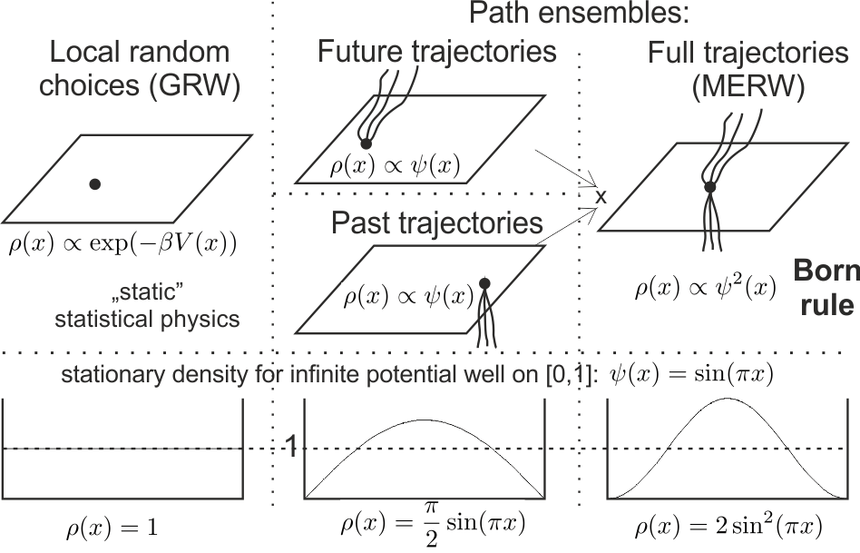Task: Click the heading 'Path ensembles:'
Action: pyautogui.click(x=580, y=13)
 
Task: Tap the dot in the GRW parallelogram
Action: pyautogui.click(x=94, y=184)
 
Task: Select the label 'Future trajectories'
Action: pyautogui.click(x=436, y=51)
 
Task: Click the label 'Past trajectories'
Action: pyautogui.click(x=436, y=222)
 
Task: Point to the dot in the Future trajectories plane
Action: pyautogui.click(x=366, y=143)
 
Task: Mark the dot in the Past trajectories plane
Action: pyautogui.click(x=484, y=282)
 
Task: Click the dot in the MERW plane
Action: pyautogui.click(x=710, y=186)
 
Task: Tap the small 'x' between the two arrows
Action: pyautogui.click(x=600, y=196)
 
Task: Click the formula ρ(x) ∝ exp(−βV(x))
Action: pyautogui.click(x=123, y=243)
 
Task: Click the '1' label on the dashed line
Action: pyautogui.click(x=290, y=445)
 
